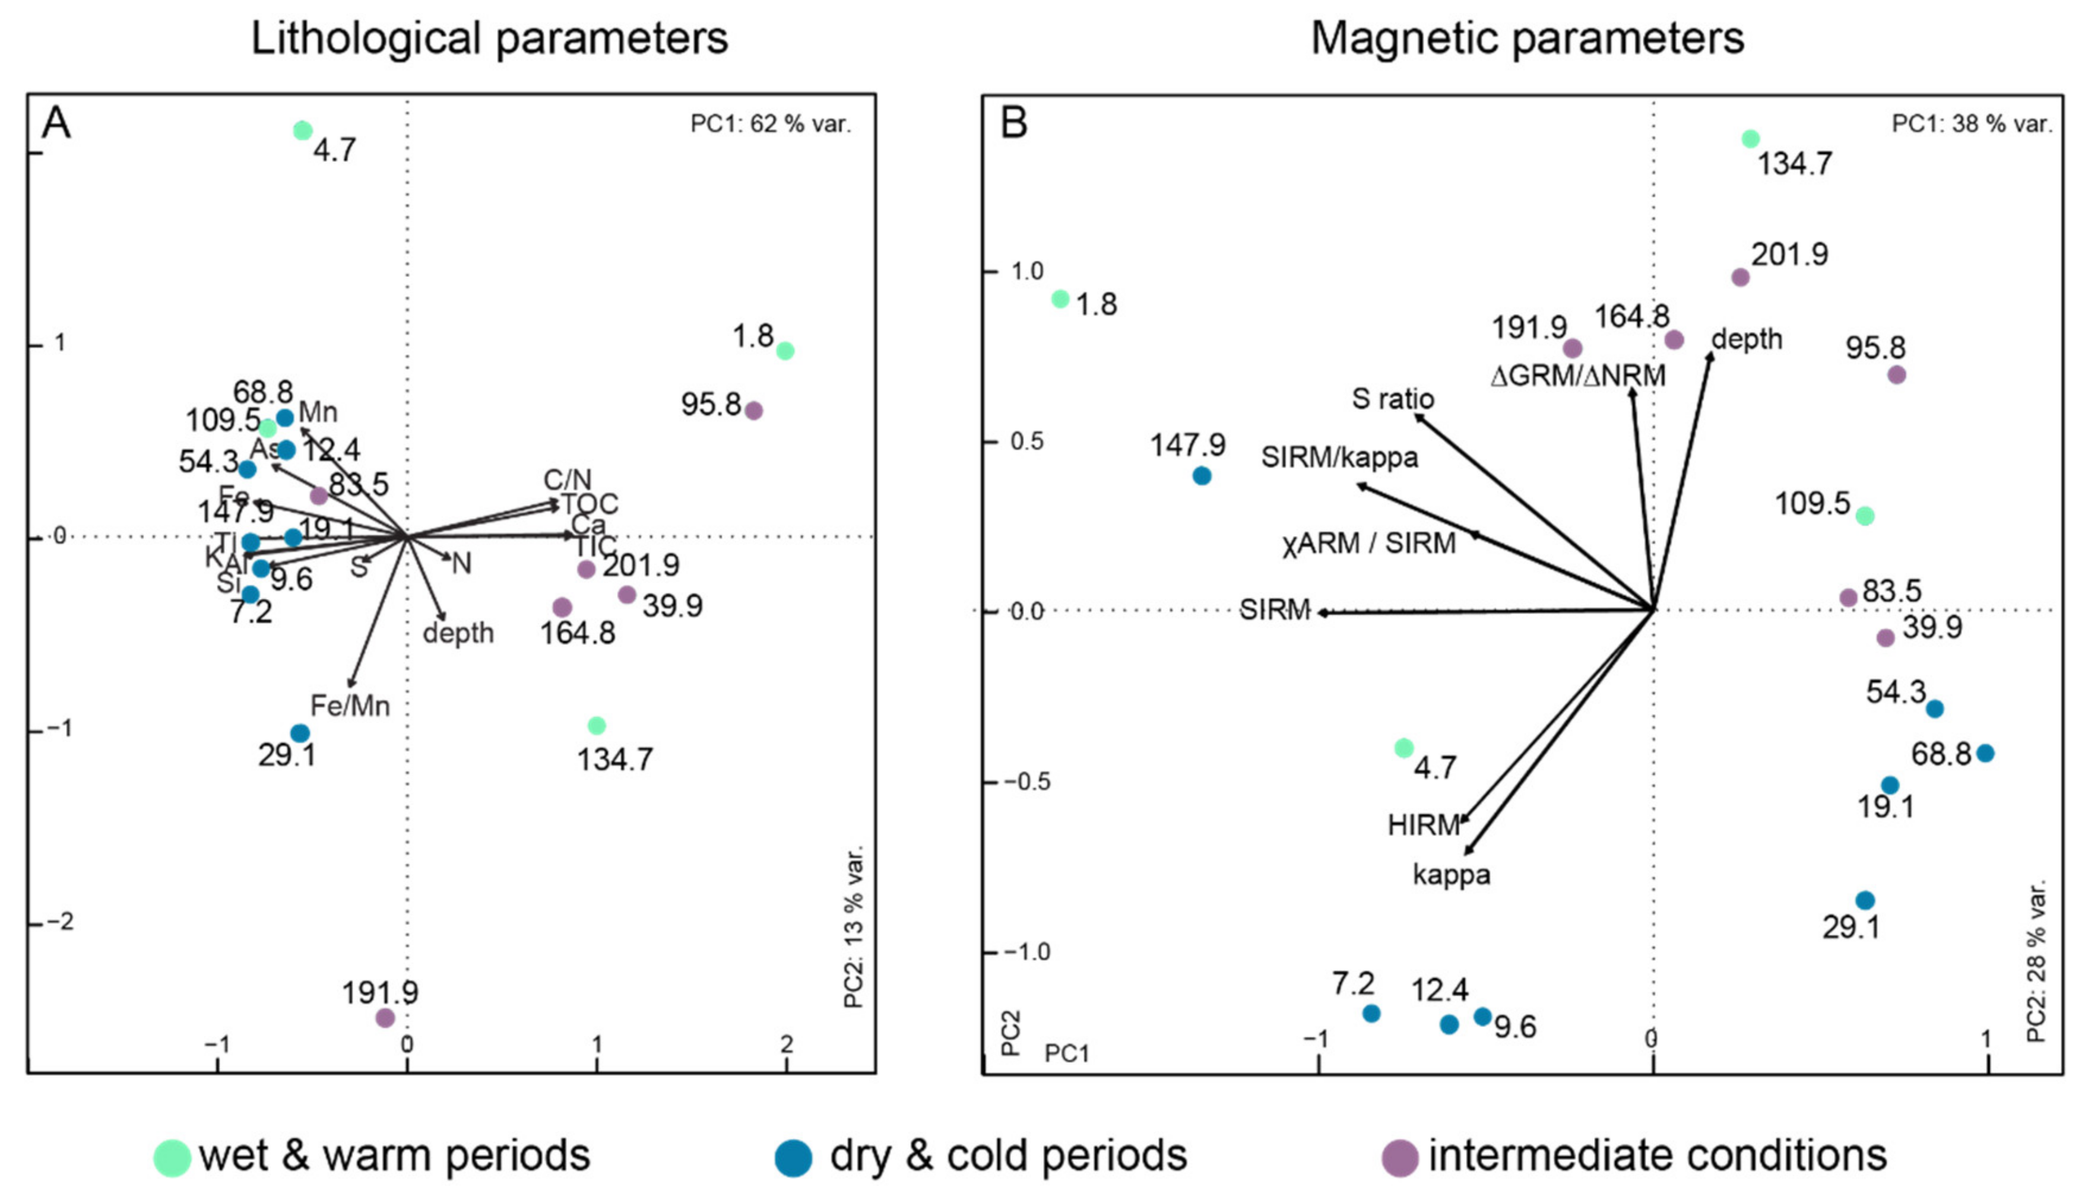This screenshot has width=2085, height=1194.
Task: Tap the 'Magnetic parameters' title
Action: (x=1528, y=39)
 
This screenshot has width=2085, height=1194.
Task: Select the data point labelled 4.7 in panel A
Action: (x=303, y=131)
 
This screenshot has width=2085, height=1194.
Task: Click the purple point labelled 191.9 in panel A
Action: (x=385, y=1018)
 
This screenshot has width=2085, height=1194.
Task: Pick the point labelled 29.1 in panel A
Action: (x=300, y=733)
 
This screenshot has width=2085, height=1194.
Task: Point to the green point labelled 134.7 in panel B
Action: (x=1750, y=139)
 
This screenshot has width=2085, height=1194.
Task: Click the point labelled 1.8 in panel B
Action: (x=1060, y=299)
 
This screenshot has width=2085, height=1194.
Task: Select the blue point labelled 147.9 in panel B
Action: (x=1202, y=475)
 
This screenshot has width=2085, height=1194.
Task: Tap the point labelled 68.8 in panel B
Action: (x=1985, y=753)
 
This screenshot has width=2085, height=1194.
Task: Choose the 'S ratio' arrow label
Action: (x=1393, y=399)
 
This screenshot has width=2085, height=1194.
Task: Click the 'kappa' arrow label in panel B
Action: (x=1451, y=875)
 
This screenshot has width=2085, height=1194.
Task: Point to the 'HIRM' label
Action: (x=1424, y=825)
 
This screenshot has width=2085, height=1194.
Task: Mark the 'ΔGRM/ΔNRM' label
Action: (x=1577, y=376)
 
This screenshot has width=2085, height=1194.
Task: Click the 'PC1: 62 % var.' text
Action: (x=770, y=124)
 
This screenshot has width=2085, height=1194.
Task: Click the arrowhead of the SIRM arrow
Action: (x=1320, y=612)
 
